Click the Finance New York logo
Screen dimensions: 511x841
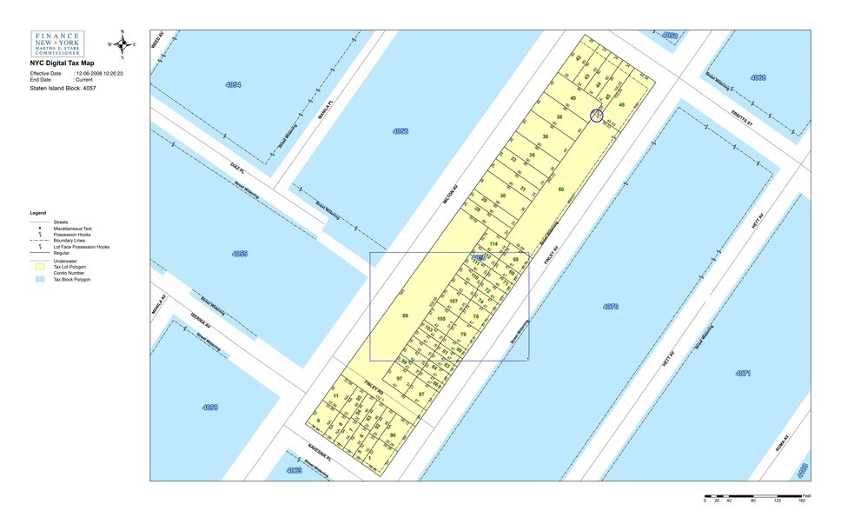click(57, 44)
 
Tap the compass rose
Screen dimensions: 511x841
click(123, 43)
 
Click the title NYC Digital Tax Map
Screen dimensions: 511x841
click(62, 63)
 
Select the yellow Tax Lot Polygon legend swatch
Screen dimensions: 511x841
click(40, 266)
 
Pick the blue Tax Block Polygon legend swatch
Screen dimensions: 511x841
click(40, 280)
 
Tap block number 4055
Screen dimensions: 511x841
click(239, 254)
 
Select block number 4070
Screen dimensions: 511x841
click(610, 307)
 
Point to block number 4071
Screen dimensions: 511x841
click(742, 373)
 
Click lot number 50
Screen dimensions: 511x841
click(561, 189)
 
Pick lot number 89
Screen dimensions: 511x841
click(405, 315)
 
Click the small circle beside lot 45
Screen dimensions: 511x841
click(597, 115)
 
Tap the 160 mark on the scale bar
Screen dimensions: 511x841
click(802, 501)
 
